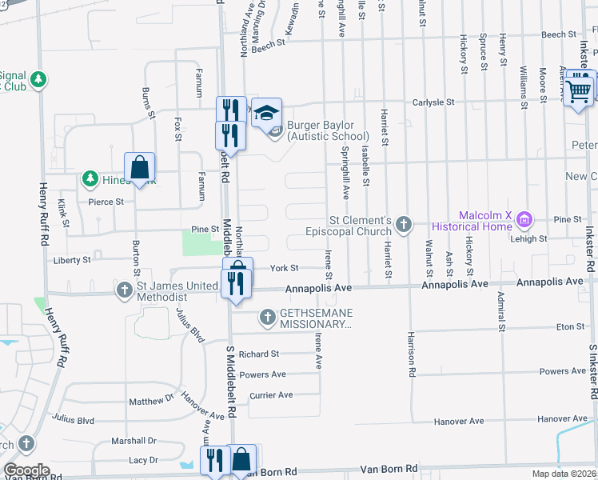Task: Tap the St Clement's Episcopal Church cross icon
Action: point(405,224)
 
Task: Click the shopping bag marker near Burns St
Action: point(140,168)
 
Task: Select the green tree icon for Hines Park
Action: point(91,179)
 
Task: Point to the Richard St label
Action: point(258,354)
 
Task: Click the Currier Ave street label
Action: point(271,395)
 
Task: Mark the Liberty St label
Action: point(71,261)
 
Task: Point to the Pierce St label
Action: point(106,202)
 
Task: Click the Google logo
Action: point(26,470)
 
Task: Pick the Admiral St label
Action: point(501,312)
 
